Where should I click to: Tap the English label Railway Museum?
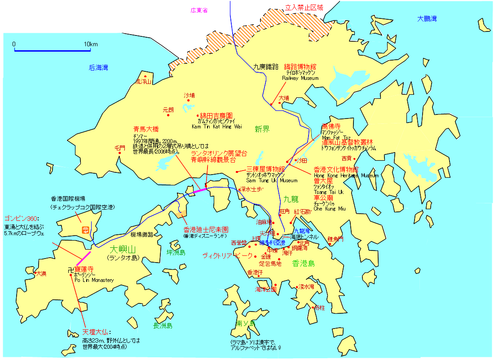point(300,78)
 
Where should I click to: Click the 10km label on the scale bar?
point(91,44)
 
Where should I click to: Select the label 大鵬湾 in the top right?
point(427,18)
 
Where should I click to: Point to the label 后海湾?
point(98,68)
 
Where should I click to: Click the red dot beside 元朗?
point(168,115)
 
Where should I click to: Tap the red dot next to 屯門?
point(120,153)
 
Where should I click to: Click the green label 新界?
point(262,129)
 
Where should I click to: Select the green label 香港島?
point(304,263)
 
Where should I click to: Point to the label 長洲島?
point(163,325)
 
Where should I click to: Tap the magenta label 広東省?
point(199,10)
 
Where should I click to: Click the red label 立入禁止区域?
point(304,7)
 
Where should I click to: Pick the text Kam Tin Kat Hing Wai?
point(216,127)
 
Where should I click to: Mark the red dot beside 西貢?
point(354,158)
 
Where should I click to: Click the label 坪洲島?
point(176,252)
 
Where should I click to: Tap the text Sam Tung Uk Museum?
point(272,180)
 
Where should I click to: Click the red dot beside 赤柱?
point(313,307)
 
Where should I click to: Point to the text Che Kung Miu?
point(330,209)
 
